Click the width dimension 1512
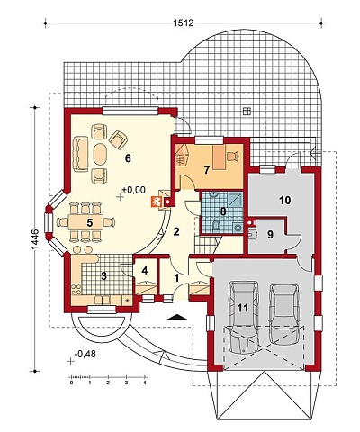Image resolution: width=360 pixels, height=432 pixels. (x=184, y=22)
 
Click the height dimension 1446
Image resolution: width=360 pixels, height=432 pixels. (x=34, y=239)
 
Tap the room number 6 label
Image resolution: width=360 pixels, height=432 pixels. (x=128, y=158)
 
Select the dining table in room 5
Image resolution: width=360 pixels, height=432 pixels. (x=85, y=222)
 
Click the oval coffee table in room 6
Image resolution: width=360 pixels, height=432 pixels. (x=100, y=154)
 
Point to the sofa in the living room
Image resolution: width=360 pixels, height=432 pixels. (x=80, y=154)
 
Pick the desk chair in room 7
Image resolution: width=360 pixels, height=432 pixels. (x=233, y=156)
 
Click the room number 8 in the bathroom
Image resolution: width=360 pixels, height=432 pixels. (x=222, y=211)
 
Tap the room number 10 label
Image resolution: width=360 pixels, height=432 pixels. (x=284, y=200)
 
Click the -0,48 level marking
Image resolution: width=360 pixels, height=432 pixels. (x=85, y=354)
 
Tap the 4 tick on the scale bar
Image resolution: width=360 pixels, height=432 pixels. (x=145, y=382)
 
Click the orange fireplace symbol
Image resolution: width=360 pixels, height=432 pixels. (x=156, y=202)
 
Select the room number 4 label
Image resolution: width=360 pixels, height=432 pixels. (x=145, y=271)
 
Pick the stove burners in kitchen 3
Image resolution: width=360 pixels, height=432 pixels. (x=76, y=290)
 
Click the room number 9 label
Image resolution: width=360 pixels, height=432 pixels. (x=270, y=235)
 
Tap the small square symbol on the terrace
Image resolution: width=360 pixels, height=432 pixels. (x=247, y=112)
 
